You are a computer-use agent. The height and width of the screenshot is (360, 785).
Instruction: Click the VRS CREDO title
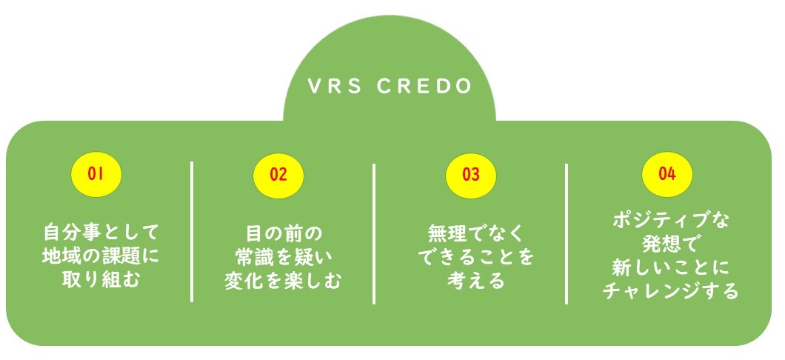[x=390, y=86]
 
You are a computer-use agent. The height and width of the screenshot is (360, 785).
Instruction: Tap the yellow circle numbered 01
[x=95, y=174]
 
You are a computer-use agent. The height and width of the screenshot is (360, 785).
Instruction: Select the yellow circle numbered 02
[x=278, y=175]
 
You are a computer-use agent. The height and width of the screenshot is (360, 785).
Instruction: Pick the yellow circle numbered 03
[x=471, y=175]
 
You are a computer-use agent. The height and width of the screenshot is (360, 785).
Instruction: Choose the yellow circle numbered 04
[x=667, y=174]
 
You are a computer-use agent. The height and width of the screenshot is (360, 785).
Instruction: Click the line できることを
[x=475, y=258]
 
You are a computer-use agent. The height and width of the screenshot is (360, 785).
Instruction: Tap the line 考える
[x=475, y=281]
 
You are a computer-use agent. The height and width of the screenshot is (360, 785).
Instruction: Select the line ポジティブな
[x=671, y=220]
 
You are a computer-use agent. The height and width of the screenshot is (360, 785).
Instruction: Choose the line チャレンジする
[x=671, y=291]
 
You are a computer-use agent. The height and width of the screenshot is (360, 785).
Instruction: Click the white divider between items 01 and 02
[x=192, y=231]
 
